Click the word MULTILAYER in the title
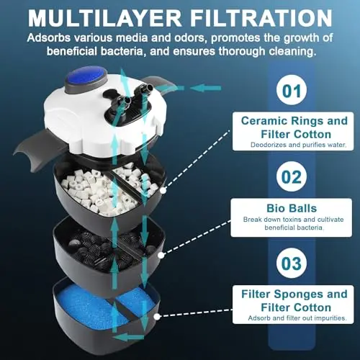point(105,18)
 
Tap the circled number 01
point(292,90)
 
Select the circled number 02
point(292,177)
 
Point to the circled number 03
point(292,264)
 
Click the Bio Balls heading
point(292,208)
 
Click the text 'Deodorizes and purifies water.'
point(298,145)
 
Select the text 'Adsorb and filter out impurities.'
point(297,318)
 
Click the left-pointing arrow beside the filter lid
point(205,89)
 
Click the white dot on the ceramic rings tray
point(163,191)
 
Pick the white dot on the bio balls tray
point(161,255)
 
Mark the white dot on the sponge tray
point(157,317)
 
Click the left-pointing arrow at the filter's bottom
point(128,338)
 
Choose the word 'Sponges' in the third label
point(297,294)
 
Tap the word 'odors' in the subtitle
point(191,38)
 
